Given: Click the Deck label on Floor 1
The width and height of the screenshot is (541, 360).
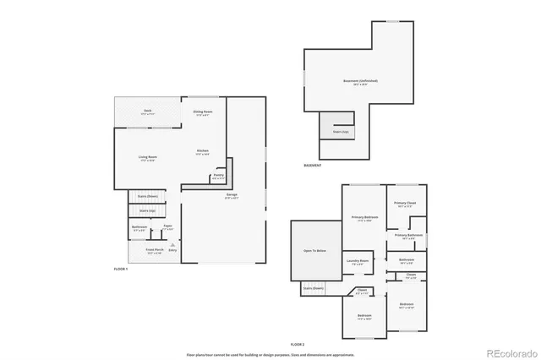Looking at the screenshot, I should [147, 112].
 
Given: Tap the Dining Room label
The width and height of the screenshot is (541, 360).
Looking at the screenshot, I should [203, 113].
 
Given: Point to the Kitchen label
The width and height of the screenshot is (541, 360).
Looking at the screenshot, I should [203, 152].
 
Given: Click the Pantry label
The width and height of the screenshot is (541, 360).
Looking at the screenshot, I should [217, 177].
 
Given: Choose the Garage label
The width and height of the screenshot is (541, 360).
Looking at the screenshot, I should [231, 196].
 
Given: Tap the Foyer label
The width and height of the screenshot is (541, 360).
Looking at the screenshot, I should [167, 226].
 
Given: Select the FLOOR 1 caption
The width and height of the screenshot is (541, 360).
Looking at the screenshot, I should [122, 268].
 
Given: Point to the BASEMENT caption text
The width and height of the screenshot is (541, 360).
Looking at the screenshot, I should [312, 166].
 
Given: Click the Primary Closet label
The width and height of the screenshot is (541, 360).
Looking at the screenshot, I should [407, 205].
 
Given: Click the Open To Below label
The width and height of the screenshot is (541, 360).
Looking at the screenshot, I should [315, 251].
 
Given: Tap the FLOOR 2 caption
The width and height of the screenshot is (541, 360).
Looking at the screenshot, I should [298, 345].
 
